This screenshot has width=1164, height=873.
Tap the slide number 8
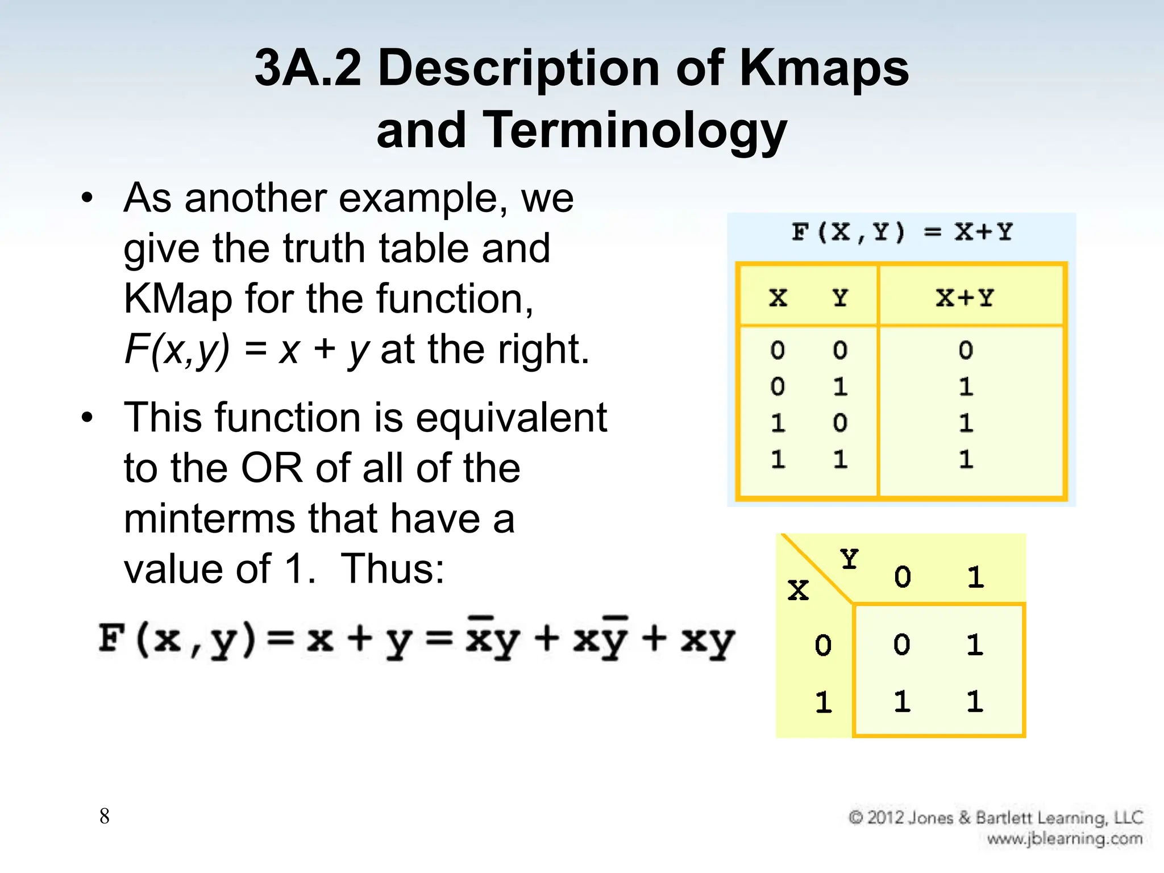105,816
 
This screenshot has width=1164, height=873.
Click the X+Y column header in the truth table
965,298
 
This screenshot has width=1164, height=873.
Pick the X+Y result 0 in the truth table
966,350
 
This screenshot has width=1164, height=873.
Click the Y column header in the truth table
840,298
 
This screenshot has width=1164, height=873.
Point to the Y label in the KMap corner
849,560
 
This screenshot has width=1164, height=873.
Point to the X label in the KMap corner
798,590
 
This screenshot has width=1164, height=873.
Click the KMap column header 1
975,577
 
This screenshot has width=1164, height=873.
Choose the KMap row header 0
823,646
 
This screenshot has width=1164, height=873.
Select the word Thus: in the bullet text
392,568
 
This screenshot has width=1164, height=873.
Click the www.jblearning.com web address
1064,839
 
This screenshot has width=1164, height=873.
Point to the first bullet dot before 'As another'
86,198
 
